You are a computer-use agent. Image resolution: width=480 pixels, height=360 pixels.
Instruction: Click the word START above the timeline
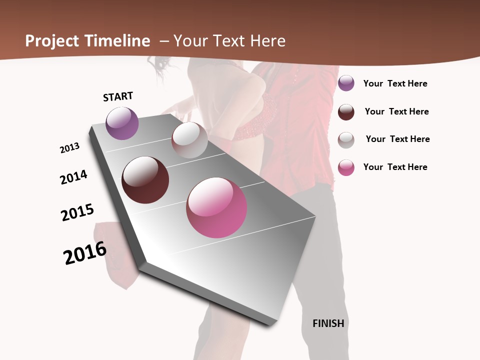pos(118,96)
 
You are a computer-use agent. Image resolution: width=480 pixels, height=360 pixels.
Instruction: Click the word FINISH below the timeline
pos(328,323)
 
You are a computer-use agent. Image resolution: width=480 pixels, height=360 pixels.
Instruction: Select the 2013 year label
pos(69,148)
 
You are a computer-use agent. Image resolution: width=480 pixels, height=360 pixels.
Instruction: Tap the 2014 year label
pos(73,177)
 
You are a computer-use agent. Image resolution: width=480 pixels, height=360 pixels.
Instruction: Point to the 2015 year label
pos(77,212)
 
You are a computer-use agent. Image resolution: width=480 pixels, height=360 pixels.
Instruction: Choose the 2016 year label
pos(85,252)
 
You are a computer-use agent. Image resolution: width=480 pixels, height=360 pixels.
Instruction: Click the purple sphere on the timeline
pos(122,123)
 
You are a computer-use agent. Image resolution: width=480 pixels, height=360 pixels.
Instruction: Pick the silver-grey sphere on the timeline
pos(189,140)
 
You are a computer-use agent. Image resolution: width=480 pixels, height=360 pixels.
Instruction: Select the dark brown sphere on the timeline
pos(145,180)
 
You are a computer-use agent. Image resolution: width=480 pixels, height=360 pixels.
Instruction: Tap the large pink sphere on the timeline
pos(216,207)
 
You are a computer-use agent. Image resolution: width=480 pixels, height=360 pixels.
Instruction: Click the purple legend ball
pos(346,83)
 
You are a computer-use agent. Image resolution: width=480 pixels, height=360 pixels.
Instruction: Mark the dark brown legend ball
pos(346,111)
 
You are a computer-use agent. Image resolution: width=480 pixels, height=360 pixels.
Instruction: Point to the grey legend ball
pos(346,139)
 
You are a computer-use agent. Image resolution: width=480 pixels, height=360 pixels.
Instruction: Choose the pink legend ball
pos(346,167)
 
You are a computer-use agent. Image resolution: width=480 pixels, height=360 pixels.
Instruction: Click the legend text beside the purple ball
pos(395,83)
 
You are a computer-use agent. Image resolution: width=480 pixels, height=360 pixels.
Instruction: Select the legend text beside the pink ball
pos(395,167)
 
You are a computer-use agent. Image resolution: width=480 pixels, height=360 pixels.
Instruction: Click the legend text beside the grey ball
pos(397,139)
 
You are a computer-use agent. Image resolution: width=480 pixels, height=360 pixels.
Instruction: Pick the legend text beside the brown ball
pos(396,111)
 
